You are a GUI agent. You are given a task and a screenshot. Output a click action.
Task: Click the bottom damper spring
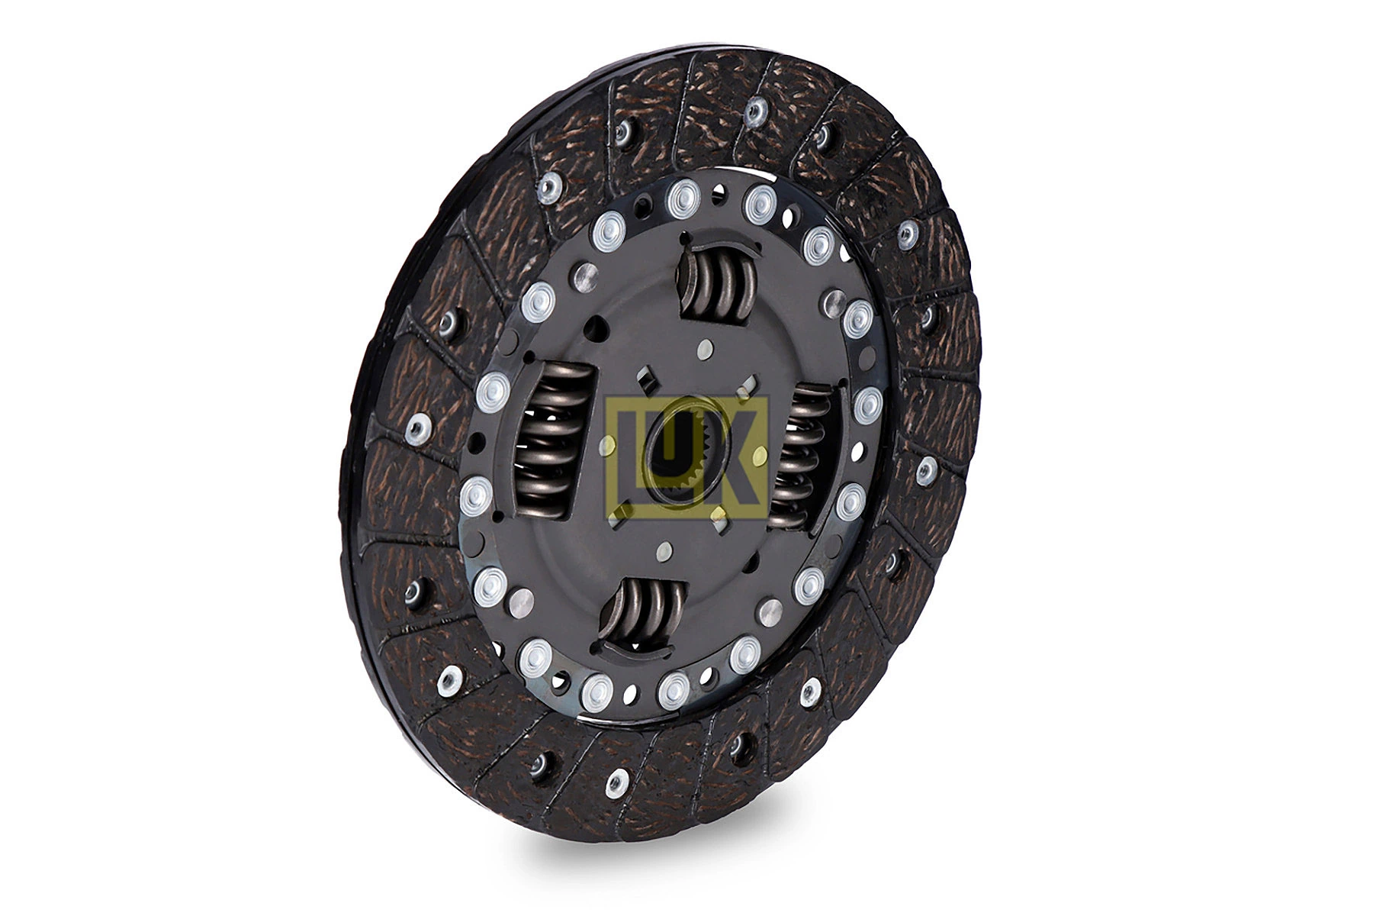[649, 614]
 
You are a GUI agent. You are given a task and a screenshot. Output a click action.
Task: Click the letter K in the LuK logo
[744, 458]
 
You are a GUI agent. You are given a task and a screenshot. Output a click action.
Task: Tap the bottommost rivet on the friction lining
[616, 781]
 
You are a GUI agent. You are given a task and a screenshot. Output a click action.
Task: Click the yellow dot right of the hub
[760, 456]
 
